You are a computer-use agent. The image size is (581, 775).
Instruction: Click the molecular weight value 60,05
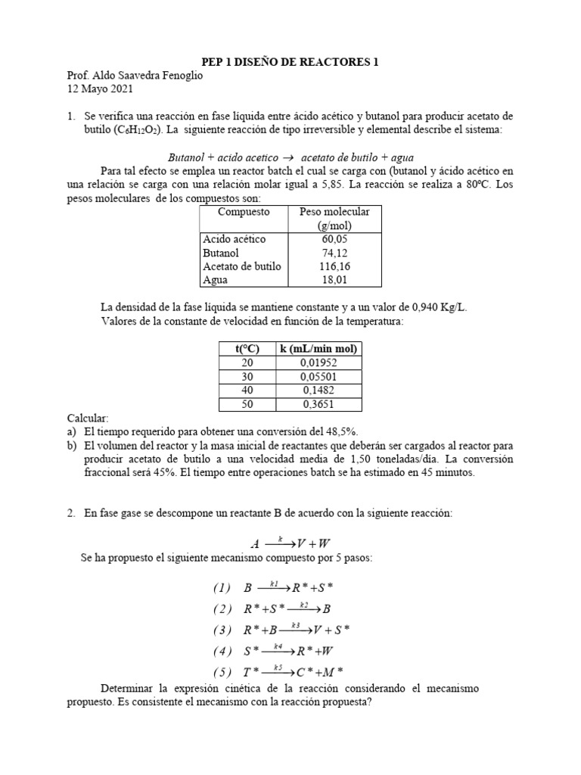334,239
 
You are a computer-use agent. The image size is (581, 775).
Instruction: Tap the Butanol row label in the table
222,253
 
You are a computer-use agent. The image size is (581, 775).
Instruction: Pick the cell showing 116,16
334,266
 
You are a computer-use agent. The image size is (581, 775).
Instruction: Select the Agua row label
216,280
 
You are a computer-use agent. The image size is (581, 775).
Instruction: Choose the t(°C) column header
247,349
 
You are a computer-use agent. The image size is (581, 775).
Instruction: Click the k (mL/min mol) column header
318,349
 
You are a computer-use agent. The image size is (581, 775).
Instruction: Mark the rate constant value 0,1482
318,390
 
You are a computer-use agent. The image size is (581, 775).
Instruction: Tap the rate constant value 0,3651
318,403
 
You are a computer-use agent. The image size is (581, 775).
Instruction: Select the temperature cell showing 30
247,376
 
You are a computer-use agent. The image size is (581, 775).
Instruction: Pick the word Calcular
89,418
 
